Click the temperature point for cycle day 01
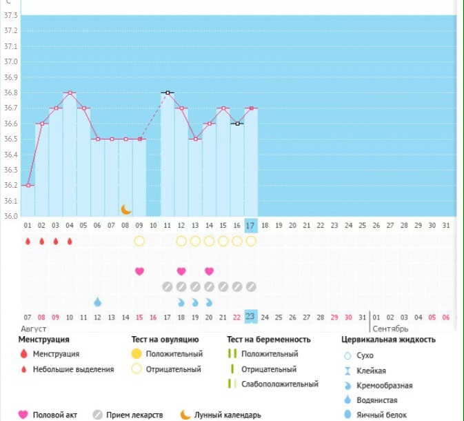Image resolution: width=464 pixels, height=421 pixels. tap(28, 185)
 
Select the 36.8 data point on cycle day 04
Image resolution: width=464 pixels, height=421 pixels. tap(70, 92)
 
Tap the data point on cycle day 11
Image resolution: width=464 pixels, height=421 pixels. tap(167, 92)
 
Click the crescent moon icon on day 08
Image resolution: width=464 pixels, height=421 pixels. tap(125, 209)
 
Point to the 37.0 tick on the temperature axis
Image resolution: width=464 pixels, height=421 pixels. tap(10, 62)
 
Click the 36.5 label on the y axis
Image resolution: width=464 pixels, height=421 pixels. tap(10, 139)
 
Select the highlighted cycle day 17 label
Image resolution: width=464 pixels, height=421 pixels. tap(250, 225)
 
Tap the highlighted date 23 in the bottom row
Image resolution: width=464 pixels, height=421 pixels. tap(250, 317)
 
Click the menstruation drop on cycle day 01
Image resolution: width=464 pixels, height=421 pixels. tap(28, 241)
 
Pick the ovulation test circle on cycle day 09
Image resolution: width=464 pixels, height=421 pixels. tap(139, 241)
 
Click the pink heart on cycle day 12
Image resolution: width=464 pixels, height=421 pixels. tap(181, 271)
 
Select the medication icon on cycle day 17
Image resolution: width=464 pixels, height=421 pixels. tap(251, 286)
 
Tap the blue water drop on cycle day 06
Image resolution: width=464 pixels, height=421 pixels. tap(98, 302)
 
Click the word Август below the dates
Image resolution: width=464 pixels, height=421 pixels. tap(34, 329)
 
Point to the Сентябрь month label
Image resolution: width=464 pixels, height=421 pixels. tap(391, 329)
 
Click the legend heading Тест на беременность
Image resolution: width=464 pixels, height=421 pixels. tap(269, 340)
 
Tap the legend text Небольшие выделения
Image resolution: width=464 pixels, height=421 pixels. tap(73, 369)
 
